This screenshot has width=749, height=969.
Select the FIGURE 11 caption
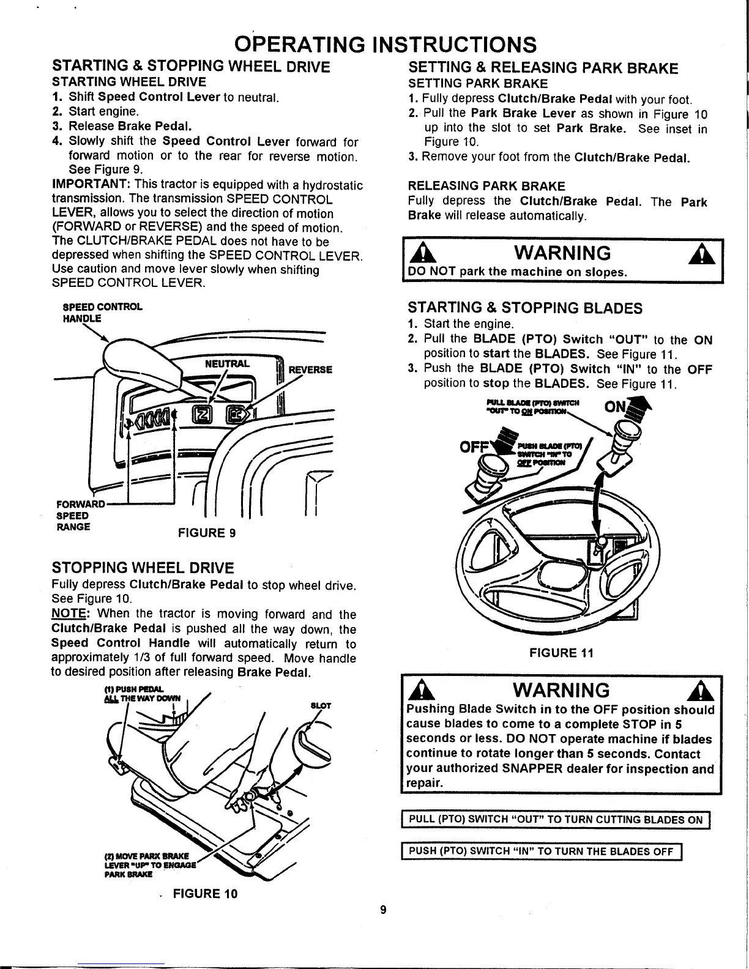[561, 653]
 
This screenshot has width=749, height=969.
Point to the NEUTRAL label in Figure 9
[227, 363]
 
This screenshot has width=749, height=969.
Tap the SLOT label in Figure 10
[321, 705]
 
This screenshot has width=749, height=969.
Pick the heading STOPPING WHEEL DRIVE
[143, 566]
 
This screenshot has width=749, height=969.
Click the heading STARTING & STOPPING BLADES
[525, 307]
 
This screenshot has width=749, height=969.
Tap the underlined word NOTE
[70, 614]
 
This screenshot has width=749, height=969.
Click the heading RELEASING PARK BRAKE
[486, 185]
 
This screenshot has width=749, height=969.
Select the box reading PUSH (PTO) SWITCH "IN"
[541, 850]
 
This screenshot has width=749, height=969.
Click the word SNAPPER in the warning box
[558, 769]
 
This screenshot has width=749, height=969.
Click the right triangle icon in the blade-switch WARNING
[700, 691]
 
